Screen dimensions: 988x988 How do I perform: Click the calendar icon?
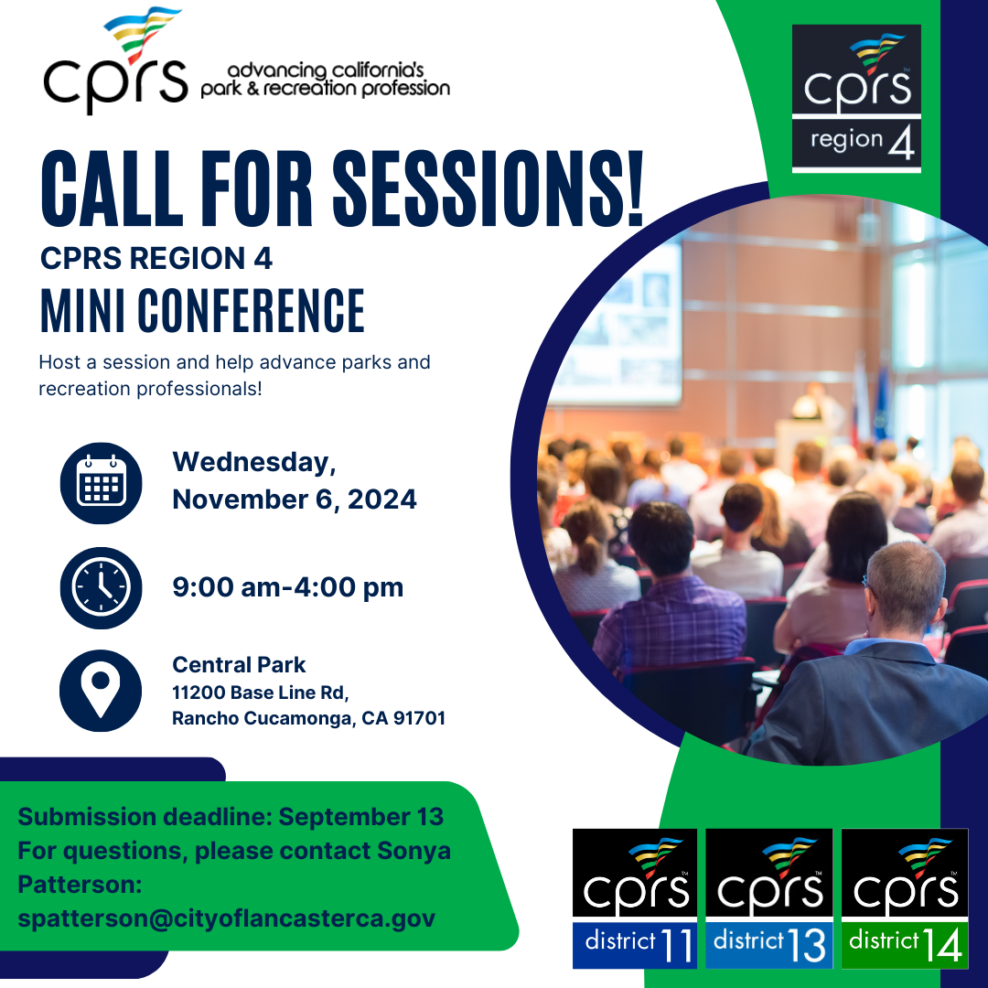click(x=101, y=483)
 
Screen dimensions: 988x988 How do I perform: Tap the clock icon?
click(x=101, y=587)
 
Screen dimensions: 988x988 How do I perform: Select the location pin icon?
click(x=101, y=691)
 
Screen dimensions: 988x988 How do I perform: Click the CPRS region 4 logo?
click(x=856, y=98)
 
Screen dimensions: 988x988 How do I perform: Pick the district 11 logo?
click(x=635, y=898)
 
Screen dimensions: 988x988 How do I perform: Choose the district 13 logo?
click(x=768, y=898)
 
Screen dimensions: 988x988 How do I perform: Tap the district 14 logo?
click(x=905, y=898)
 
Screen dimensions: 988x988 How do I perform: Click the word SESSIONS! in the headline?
click(x=488, y=188)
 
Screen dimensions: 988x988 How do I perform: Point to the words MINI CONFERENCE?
click(x=202, y=310)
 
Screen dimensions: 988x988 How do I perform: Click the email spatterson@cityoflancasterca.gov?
click(x=226, y=918)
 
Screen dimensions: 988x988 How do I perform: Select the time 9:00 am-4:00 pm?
click(x=288, y=587)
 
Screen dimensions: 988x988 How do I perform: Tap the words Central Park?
click(x=239, y=665)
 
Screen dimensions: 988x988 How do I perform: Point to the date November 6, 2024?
click(x=295, y=499)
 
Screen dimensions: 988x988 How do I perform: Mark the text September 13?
click(x=361, y=817)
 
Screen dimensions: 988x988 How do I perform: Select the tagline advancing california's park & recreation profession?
click(x=325, y=80)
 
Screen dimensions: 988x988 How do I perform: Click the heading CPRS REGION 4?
click(x=156, y=258)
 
